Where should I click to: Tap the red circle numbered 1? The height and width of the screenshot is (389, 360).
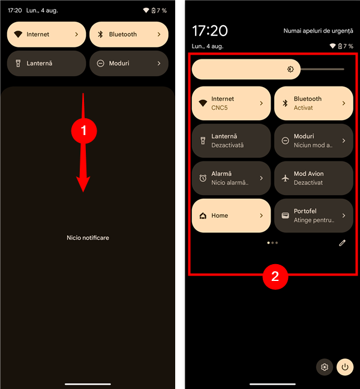tap(84, 131)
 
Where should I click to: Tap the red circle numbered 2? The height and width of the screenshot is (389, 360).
tap(275, 276)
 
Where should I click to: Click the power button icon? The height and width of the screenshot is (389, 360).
tap(345, 367)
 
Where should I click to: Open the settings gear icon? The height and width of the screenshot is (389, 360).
tap(325, 367)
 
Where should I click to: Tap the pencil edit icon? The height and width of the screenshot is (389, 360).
tap(342, 243)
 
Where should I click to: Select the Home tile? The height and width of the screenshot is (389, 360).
tap(231, 216)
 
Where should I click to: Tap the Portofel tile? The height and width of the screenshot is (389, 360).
tap(314, 216)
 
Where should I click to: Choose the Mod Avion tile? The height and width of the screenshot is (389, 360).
tap(314, 178)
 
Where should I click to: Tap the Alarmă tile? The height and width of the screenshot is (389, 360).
tap(231, 178)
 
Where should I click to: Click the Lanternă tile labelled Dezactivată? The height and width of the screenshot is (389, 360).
tap(231, 140)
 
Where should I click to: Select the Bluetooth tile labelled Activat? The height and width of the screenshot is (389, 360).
tap(314, 103)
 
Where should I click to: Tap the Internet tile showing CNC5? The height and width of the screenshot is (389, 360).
tap(231, 103)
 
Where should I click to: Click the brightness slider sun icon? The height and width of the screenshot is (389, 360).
tap(290, 69)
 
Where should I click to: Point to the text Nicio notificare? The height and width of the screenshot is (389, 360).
tap(88, 238)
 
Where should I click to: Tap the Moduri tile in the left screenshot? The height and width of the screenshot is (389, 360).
tap(129, 64)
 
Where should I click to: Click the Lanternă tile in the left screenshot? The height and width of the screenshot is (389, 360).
tap(46, 64)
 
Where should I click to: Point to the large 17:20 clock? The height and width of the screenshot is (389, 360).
tap(210, 31)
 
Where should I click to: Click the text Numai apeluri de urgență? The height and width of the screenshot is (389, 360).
tap(319, 31)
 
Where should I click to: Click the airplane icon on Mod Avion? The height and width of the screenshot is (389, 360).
tap(286, 178)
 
